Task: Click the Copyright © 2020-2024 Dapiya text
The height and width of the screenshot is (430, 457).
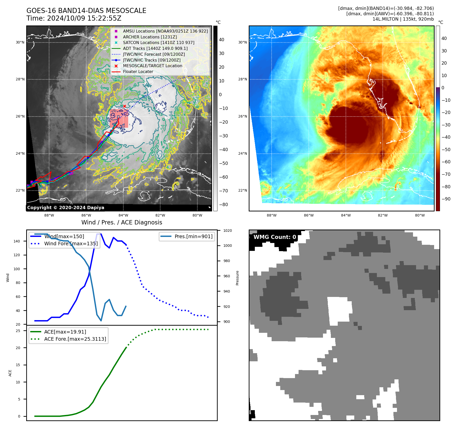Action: click(x=66, y=208)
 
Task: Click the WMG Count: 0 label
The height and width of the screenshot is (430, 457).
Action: click(x=275, y=237)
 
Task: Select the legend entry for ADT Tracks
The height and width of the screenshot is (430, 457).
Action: click(x=155, y=48)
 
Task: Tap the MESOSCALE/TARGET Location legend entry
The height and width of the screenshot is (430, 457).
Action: click(x=153, y=66)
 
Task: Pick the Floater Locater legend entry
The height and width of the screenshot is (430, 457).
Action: click(x=138, y=72)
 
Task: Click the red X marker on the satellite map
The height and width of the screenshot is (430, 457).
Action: click(x=125, y=106)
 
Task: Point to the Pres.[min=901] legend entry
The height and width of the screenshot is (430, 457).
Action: click(x=193, y=236)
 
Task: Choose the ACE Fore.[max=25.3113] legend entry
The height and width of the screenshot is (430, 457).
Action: click(x=75, y=339)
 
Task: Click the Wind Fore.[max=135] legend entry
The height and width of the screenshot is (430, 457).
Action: click(x=71, y=243)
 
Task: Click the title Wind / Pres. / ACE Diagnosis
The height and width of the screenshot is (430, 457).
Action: click(x=122, y=222)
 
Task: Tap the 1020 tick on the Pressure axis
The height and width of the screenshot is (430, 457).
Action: click(x=228, y=231)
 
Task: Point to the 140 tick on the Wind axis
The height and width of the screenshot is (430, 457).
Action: click(x=17, y=241)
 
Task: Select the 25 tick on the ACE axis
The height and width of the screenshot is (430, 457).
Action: click(x=18, y=331)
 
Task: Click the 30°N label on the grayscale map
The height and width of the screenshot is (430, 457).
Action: click(x=20, y=42)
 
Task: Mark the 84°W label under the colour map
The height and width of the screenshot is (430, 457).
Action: click(x=346, y=215)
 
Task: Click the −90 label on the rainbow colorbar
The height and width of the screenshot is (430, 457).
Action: click(x=446, y=199)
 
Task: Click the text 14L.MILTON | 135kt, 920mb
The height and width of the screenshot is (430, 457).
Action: click(x=403, y=19)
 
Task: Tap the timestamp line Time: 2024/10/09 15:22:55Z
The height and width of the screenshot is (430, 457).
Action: click(x=74, y=18)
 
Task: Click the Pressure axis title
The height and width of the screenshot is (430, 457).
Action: click(x=237, y=278)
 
